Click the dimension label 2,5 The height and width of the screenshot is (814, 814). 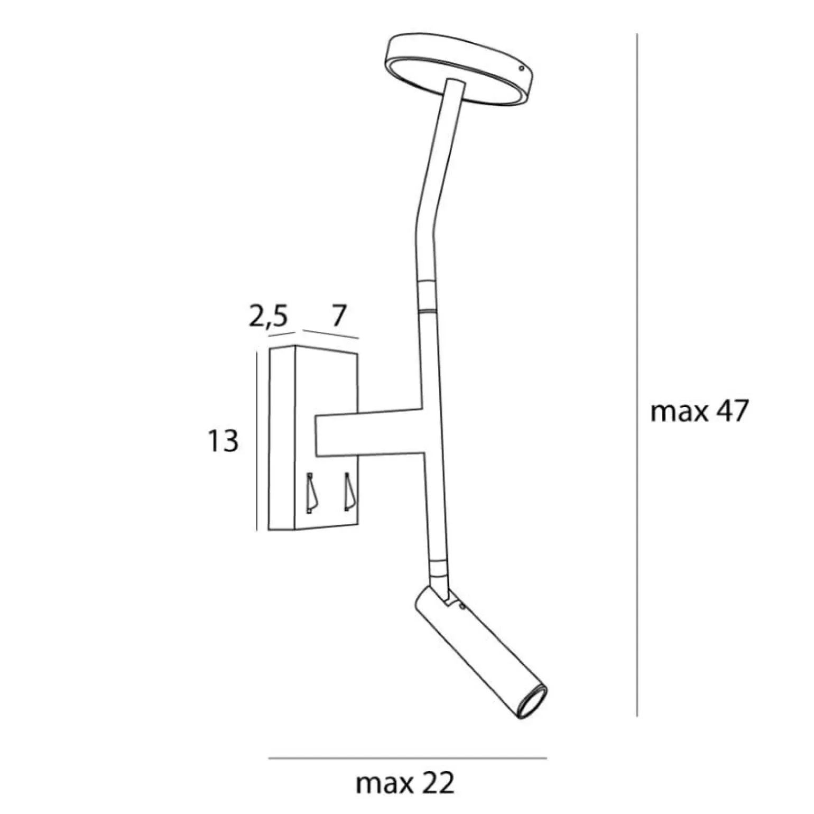(x=268, y=317)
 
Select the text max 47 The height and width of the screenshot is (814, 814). (x=699, y=411)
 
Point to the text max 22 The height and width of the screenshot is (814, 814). (x=405, y=784)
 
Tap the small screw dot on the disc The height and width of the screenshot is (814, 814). (x=522, y=69)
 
